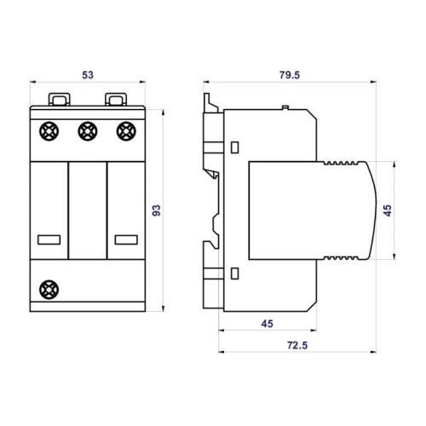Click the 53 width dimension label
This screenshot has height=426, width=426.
(88, 75)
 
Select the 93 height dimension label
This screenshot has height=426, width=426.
(157, 210)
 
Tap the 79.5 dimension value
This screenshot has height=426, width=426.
(290, 75)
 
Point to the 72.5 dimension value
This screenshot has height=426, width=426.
(297, 345)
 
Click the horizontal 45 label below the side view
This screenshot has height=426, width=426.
(268, 324)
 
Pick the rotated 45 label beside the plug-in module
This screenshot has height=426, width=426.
(388, 210)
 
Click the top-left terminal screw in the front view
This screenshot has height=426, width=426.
(49, 131)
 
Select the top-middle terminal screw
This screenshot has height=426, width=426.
(88, 131)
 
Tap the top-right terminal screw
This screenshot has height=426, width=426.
(126, 131)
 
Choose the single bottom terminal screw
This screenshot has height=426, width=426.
(49, 290)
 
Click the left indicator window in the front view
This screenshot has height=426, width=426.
(49, 239)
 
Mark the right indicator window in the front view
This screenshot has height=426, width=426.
(126, 239)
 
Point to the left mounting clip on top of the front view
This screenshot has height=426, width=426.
(59, 99)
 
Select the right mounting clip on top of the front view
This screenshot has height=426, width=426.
(116, 99)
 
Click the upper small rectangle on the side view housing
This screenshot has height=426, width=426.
(234, 147)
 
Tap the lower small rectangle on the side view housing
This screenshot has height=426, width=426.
(234, 273)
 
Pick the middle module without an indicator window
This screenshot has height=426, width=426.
(88, 210)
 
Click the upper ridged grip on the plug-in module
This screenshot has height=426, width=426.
(339, 163)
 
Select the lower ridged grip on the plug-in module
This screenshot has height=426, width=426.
(339, 258)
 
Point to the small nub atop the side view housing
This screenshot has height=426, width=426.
(285, 107)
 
